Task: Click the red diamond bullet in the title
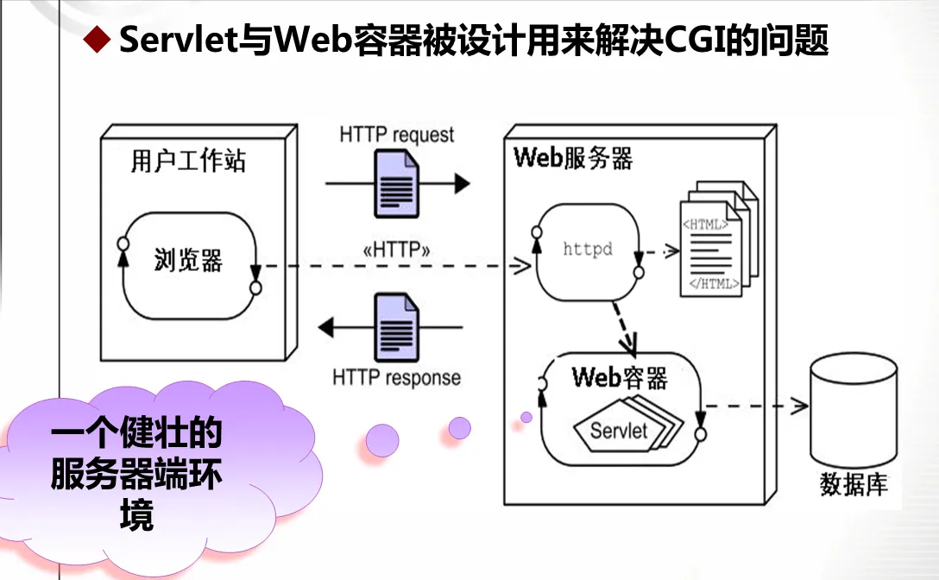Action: (97, 40)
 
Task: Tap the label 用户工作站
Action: (188, 161)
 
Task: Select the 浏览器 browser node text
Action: (188, 260)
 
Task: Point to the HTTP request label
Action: (396, 135)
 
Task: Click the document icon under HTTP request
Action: (396, 184)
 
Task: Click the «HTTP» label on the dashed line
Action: (396, 251)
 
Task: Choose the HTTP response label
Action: (396, 378)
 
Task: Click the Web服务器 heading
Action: (573, 159)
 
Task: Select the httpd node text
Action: (588, 249)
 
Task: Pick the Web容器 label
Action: (619, 377)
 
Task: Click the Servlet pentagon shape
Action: (619, 429)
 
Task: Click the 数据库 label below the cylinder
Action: (853, 484)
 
